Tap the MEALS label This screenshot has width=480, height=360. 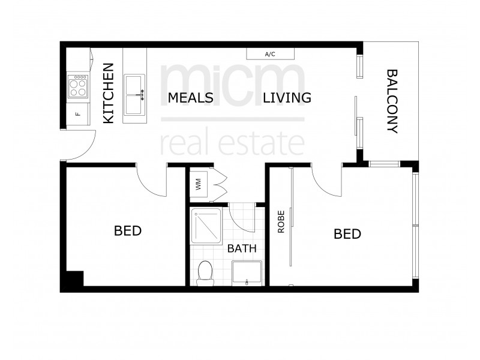(x=190, y=98)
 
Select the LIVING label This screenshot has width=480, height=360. (x=287, y=98)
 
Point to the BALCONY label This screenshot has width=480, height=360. (x=392, y=101)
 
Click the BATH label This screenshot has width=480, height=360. (x=241, y=248)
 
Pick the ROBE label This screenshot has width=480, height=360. (x=280, y=221)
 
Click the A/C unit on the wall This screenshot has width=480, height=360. (x=270, y=55)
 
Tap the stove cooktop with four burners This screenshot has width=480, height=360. (x=78, y=86)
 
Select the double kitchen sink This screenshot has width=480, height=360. (x=134, y=94)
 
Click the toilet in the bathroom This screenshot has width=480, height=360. (x=205, y=272)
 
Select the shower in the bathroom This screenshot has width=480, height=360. (x=207, y=226)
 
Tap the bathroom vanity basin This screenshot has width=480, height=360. (x=247, y=274)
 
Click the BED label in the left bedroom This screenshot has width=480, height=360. (x=128, y=230)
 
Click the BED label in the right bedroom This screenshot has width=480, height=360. (x=347, y=233)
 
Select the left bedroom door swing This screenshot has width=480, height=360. (x=150, y=180)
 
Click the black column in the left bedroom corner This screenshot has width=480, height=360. (x=74, y=280)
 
